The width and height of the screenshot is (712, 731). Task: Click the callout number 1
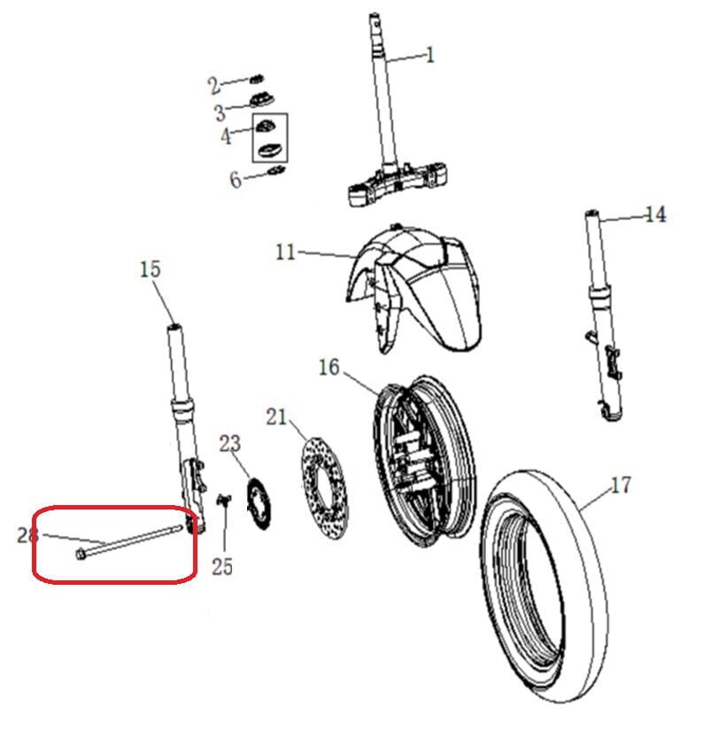tap(430, 55)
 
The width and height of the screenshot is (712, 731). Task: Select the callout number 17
tap(621, 486)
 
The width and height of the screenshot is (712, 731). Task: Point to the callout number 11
tap(285, 253)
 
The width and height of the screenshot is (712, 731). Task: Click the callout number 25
tap(222, 565)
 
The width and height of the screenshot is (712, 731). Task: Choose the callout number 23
tap(230, 444)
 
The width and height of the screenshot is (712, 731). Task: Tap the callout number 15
tap(151, 268)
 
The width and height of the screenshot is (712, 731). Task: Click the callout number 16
tap(329, 366)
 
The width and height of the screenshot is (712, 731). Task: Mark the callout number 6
tap(235, 180)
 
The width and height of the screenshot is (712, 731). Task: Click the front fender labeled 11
tap(416, 284)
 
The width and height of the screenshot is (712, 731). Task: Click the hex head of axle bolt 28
tap(81, 555)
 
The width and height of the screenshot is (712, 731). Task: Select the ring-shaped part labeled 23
tap(257, 502)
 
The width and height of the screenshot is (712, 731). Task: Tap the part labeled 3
tap(263, 101)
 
